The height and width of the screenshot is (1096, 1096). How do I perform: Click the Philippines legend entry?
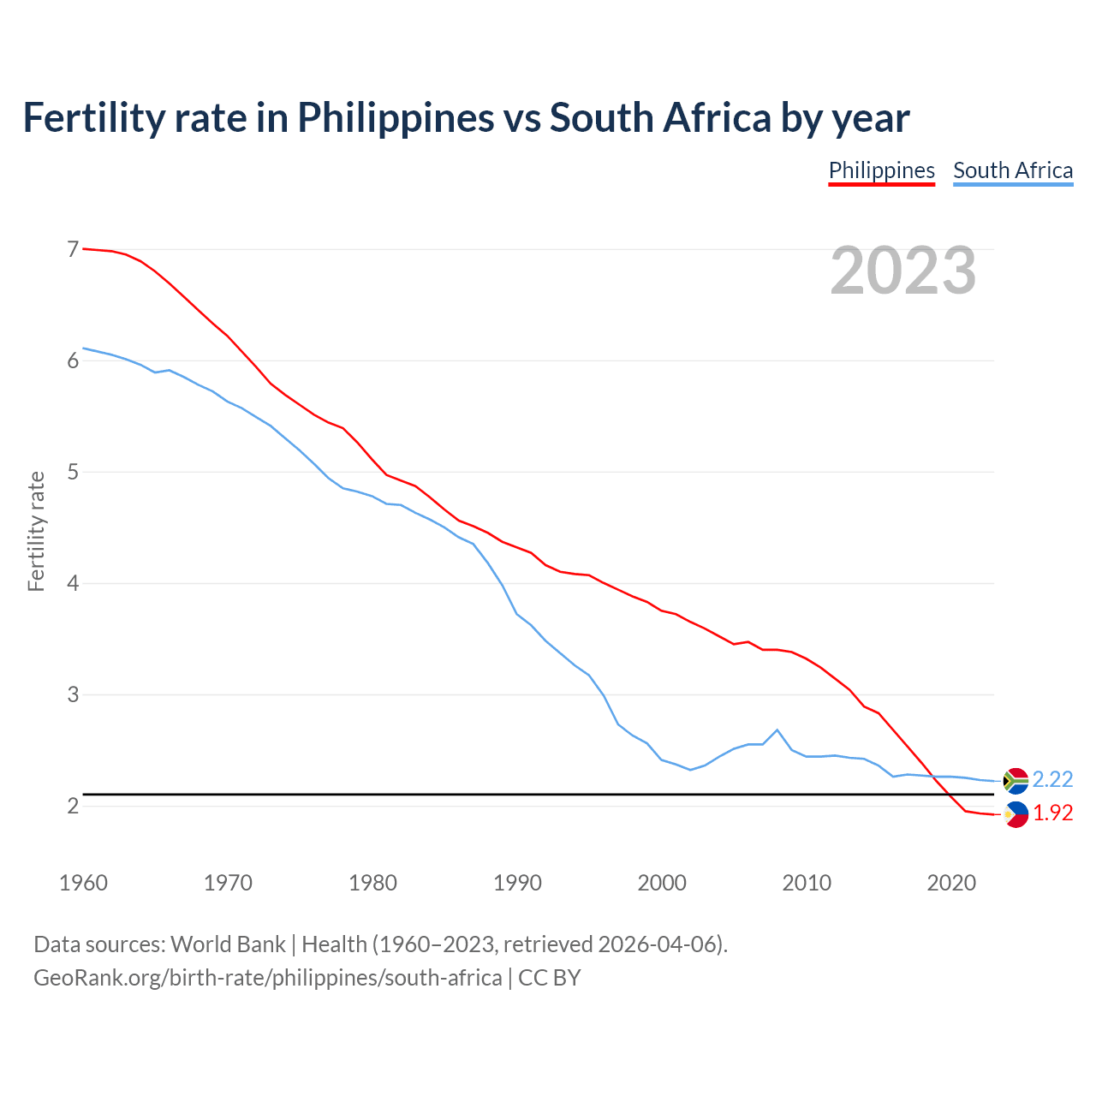point(881,170)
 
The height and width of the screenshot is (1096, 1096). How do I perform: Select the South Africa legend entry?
point(1013,170)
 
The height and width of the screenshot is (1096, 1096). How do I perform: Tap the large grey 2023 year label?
point(903,271)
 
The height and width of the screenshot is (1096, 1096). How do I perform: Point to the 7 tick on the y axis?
point(73,249)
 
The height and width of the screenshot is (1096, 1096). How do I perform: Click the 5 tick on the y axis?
point(73,472)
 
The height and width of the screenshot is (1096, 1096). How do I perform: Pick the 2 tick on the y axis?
point(73,806)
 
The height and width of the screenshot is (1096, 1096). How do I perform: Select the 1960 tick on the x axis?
point(83,883)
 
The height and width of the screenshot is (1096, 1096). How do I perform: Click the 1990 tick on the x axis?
point(517,883)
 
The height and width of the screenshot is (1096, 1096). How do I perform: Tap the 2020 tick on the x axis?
point(951,883)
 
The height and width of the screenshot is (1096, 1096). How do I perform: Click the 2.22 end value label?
point(1052,779)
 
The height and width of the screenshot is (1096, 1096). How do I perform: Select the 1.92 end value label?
point(1052,813)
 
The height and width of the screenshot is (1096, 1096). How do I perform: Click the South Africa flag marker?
point(1016,781)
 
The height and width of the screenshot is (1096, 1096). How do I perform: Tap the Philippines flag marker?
point(1016,815)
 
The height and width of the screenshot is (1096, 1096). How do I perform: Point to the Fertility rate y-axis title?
point(36,531)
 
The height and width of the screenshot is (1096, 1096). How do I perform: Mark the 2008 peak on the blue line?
point(777,730)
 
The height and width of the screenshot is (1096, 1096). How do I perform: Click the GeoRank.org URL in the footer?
point(267,978)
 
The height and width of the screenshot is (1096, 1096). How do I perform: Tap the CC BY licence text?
point(550,978)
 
